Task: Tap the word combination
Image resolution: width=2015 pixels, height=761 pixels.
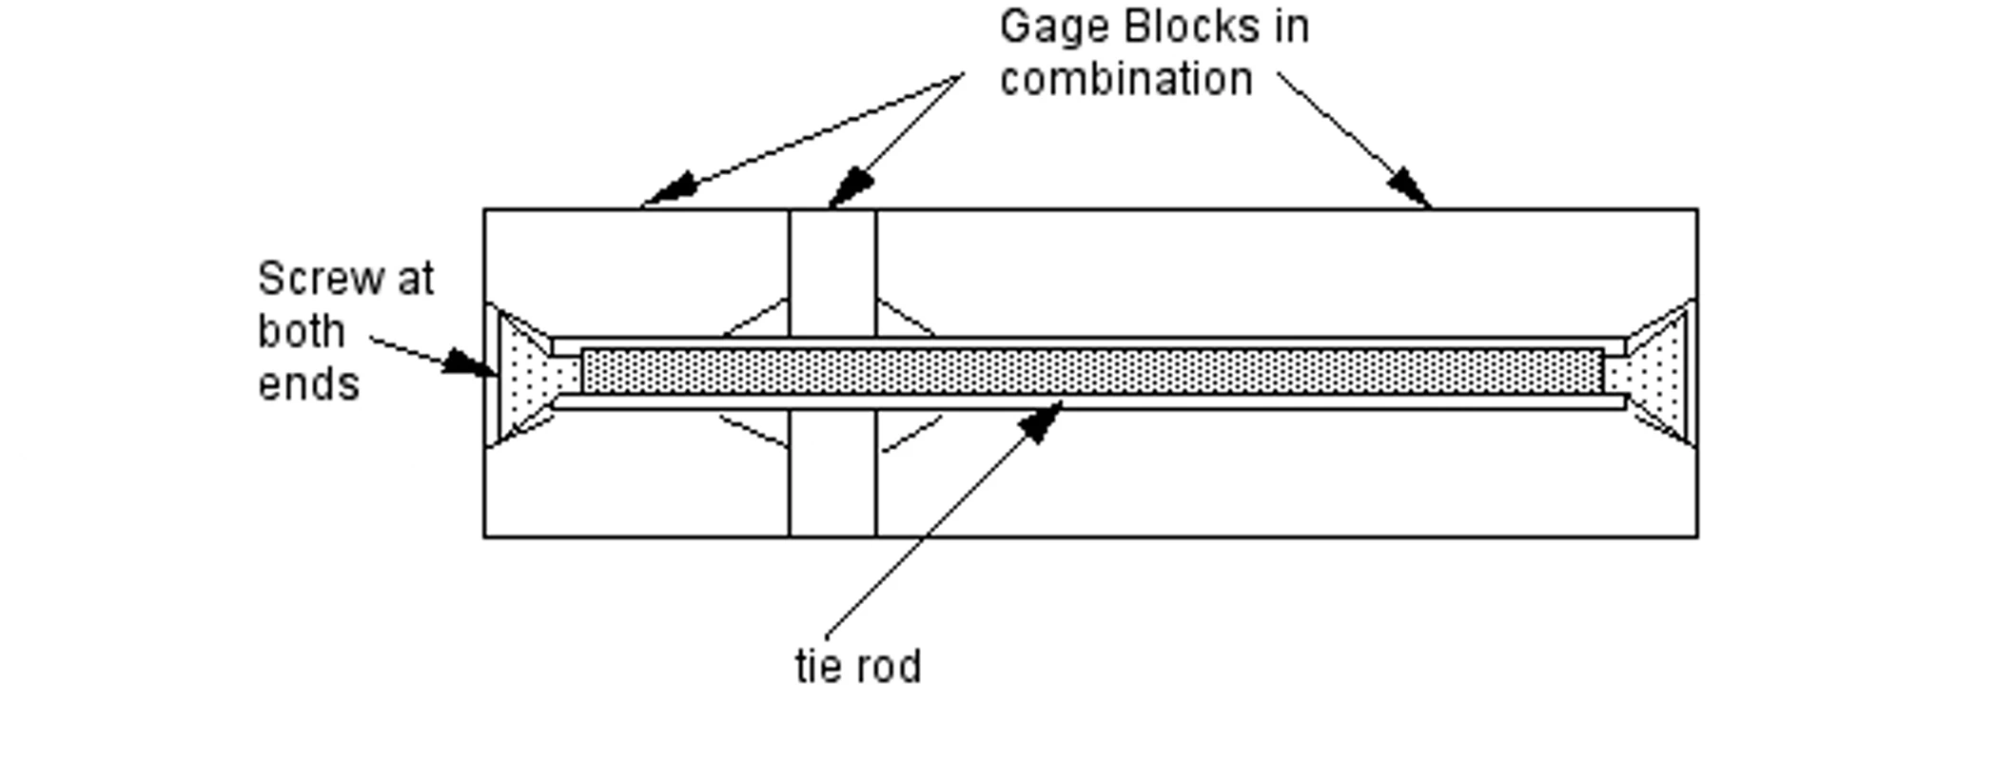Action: [1125, 79]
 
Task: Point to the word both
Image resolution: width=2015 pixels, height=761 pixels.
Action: [301, 332]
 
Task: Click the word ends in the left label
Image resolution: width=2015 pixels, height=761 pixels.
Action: [308, 385]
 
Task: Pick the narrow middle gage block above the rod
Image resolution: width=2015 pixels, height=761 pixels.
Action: [832, 271]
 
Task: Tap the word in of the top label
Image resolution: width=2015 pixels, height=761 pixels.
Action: [1292, 27]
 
